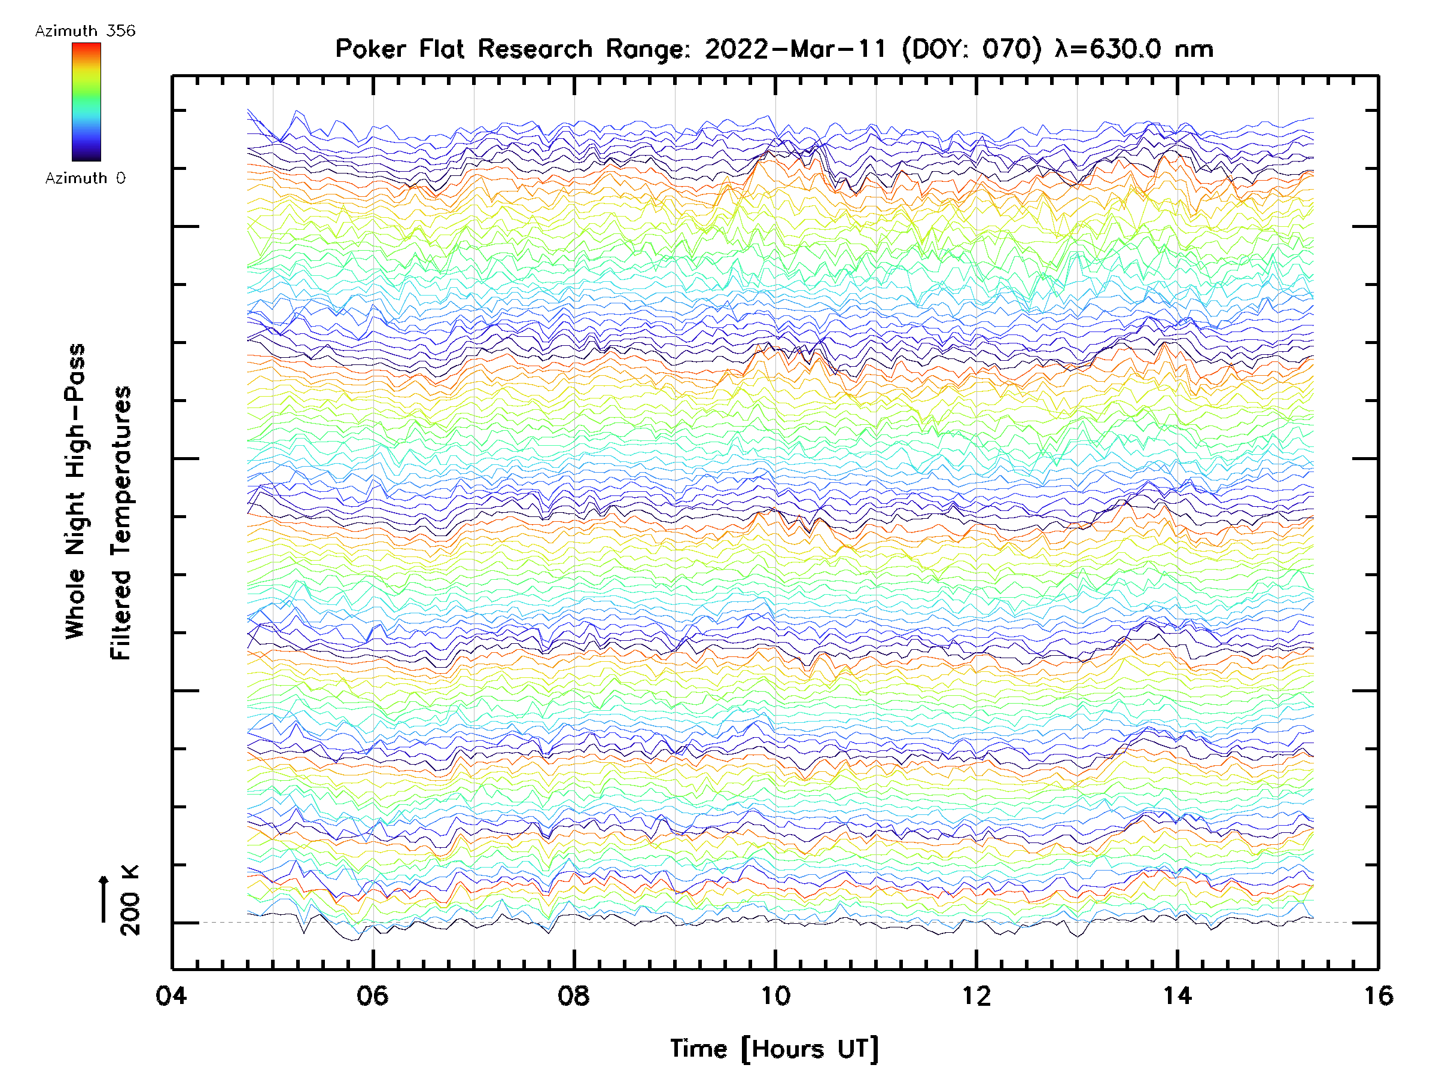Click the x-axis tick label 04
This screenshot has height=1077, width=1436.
point(171,995)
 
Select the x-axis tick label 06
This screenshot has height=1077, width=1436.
point(373,995)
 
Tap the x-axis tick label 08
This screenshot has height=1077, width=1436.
point(574,995)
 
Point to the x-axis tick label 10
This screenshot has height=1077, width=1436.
point(775,995)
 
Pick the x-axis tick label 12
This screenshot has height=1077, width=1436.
point(976,995)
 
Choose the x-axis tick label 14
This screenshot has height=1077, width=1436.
point(1178,995)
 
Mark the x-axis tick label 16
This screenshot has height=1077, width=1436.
point(1378,995)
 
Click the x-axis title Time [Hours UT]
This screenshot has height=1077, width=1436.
point(774,1048)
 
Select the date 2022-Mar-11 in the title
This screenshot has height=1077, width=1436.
point(795,48)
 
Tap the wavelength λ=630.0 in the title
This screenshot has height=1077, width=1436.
point(1108,48)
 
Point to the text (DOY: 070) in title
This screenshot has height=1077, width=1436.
point(972,48)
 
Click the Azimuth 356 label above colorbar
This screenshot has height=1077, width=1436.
point(85,31)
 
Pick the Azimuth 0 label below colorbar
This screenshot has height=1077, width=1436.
point(85,178)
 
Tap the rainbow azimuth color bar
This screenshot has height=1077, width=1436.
point(86,101)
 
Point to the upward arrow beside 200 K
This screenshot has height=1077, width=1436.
point(104,899)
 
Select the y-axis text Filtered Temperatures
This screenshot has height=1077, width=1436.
point(121,524)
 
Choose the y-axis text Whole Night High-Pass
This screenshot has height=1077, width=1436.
point(75,491)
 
